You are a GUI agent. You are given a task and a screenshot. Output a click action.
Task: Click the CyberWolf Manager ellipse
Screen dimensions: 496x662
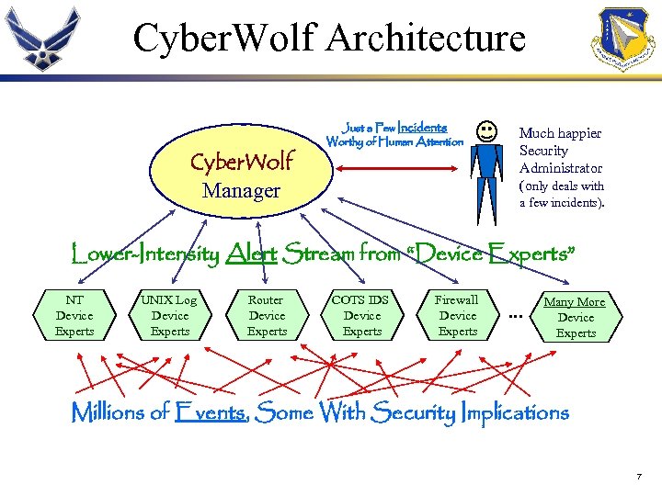click(x=241, y=175)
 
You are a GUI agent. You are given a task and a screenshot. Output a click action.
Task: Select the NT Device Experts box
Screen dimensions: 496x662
click(x=74, y=316)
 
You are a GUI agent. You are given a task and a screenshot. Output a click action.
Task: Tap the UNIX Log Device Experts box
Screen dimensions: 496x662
click(x=170, y=316)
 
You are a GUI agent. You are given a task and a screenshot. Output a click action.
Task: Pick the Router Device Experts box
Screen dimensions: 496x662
click(x=267, y=316)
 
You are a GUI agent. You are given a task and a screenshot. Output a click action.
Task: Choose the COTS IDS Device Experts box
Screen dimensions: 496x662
click(x=361, y=316)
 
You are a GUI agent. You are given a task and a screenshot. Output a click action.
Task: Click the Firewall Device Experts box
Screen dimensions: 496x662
click(x=457, y=316)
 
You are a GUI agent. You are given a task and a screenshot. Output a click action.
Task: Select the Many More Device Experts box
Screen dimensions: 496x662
click(x=576, y=318)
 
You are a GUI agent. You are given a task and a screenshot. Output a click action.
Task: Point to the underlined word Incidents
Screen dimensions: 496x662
click(x=422, y=128)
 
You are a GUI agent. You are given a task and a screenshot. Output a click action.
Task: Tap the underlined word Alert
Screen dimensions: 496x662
click(x=250, y=254)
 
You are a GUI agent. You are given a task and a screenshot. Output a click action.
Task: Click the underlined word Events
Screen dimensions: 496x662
click(x=210, y=413)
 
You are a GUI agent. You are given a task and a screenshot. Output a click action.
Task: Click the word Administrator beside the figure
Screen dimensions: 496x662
click(x=561, y=168)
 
